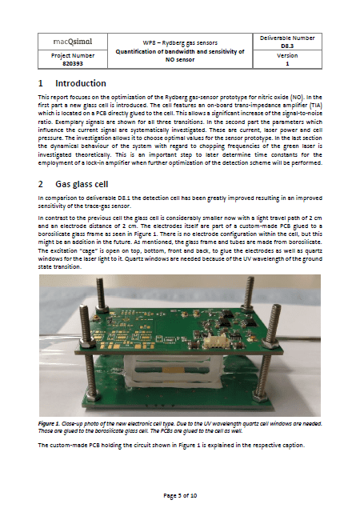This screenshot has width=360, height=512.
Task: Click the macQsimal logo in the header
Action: coord(73,42)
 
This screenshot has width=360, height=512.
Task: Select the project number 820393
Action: coord(73,63)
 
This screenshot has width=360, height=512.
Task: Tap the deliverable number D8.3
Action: coord(287,46)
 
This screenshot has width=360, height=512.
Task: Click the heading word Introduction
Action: coord(81,83)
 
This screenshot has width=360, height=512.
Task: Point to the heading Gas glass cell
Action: coord(82,184)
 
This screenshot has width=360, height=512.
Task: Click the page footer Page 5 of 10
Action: coord(180,495)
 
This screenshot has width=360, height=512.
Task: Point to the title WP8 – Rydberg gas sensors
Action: coord(180,42)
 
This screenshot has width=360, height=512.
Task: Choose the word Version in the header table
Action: coord(287,55)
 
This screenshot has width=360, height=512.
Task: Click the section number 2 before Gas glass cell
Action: coord(41,184)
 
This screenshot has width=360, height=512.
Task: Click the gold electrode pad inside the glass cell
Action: coord(172,370)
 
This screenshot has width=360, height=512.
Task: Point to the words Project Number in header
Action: coord(73,55)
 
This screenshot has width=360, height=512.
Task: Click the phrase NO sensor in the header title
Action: coord(180,60)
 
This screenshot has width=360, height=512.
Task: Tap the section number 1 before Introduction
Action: coord(41,83)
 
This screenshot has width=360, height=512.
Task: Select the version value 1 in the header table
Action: coord(287,64)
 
